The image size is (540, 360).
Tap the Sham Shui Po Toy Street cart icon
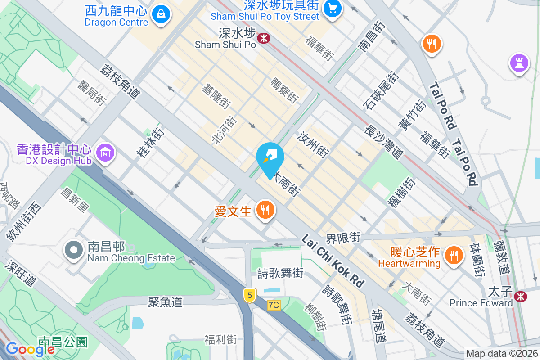coord(333,9)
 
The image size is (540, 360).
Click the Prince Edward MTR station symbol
coord(521,296)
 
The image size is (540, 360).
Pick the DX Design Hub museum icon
coord(105,153)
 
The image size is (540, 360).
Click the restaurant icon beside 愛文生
coord(265,210)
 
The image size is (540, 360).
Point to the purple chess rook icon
coord(519,63)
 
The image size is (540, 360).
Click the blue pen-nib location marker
coord(270,158)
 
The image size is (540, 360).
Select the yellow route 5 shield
coord(249,295)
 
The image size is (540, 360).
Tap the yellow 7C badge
coord(273,305)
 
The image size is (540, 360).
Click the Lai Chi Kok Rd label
coord(333,261)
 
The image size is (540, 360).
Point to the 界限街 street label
coord(343,237)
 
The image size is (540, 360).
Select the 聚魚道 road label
coord(165,301)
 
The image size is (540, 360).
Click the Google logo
coord(30,349)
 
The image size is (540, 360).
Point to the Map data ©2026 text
coord(502,354)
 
